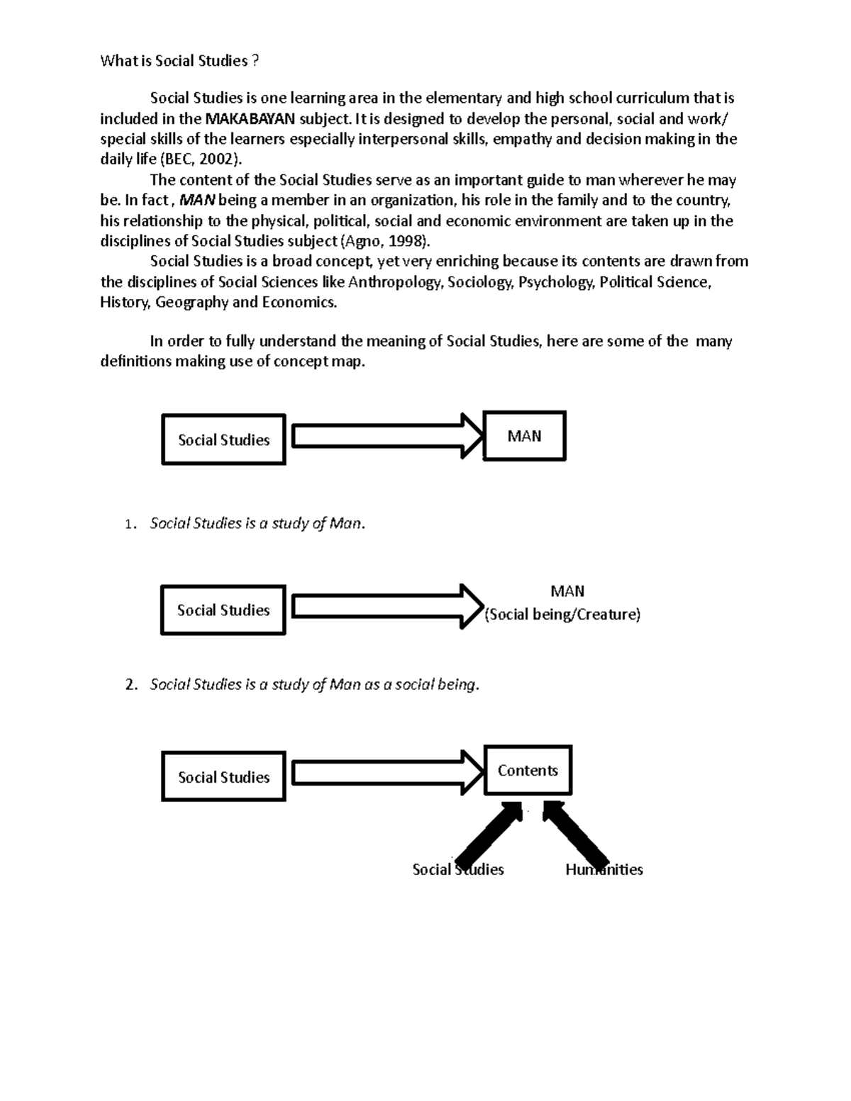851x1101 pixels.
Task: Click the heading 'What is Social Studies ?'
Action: (179, 61)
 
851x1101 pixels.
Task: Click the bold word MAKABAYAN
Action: (249, 118)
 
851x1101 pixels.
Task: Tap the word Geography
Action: (191, 303)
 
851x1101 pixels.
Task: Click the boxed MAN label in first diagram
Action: (524, 436)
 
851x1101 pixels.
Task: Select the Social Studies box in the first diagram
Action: (223, 440)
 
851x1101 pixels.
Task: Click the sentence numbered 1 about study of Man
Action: (257, 524)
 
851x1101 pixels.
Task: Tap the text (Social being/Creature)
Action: (562, 615)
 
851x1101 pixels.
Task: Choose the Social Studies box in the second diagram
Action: (223, 610)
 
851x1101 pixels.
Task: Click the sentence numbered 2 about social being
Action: (314, 685)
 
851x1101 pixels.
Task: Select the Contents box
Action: (528, 771)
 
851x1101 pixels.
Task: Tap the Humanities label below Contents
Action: (604, 870)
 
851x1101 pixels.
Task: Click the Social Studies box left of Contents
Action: (223, 778)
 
